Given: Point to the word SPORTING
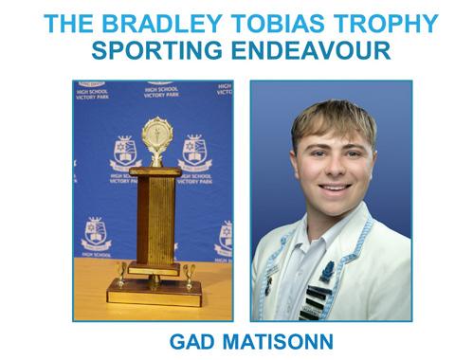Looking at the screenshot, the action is tap(157, 50).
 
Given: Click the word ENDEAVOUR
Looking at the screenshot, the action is tap(311, 50).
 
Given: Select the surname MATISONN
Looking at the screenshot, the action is tap(278, 341).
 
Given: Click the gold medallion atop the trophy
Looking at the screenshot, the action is tap(157, 134).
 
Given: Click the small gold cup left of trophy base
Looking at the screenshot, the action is tap(120, 275).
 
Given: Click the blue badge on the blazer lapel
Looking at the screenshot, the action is tap(327, 271).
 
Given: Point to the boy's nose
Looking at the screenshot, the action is tap(335, 169).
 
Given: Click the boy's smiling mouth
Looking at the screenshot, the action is tap(335, 189).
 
